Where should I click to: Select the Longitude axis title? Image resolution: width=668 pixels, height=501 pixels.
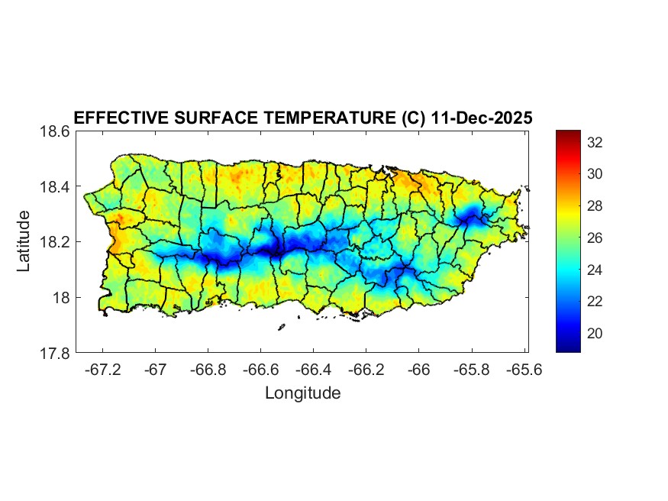click(302, 393)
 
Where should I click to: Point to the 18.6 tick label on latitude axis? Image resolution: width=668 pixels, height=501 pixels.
click(55, 131)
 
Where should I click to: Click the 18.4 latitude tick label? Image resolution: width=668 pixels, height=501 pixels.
click(55, 187)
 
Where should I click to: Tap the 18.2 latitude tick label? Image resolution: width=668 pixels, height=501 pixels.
click(55, 242)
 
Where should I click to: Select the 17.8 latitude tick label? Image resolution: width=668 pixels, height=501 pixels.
click(55, 353)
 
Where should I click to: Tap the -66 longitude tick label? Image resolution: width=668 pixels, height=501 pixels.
click(419, 370)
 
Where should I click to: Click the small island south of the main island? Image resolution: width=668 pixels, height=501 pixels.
click(281, 328)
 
